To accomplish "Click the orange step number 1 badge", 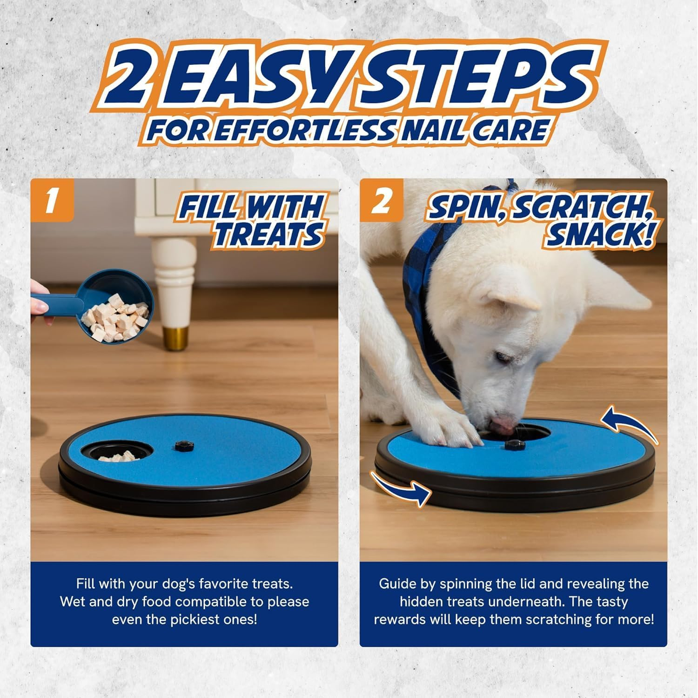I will click(52, 203).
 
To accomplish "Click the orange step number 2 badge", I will click(381, 203).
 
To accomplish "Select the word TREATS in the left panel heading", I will click(268, 234).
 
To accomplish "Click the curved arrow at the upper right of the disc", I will click(628, 423).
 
